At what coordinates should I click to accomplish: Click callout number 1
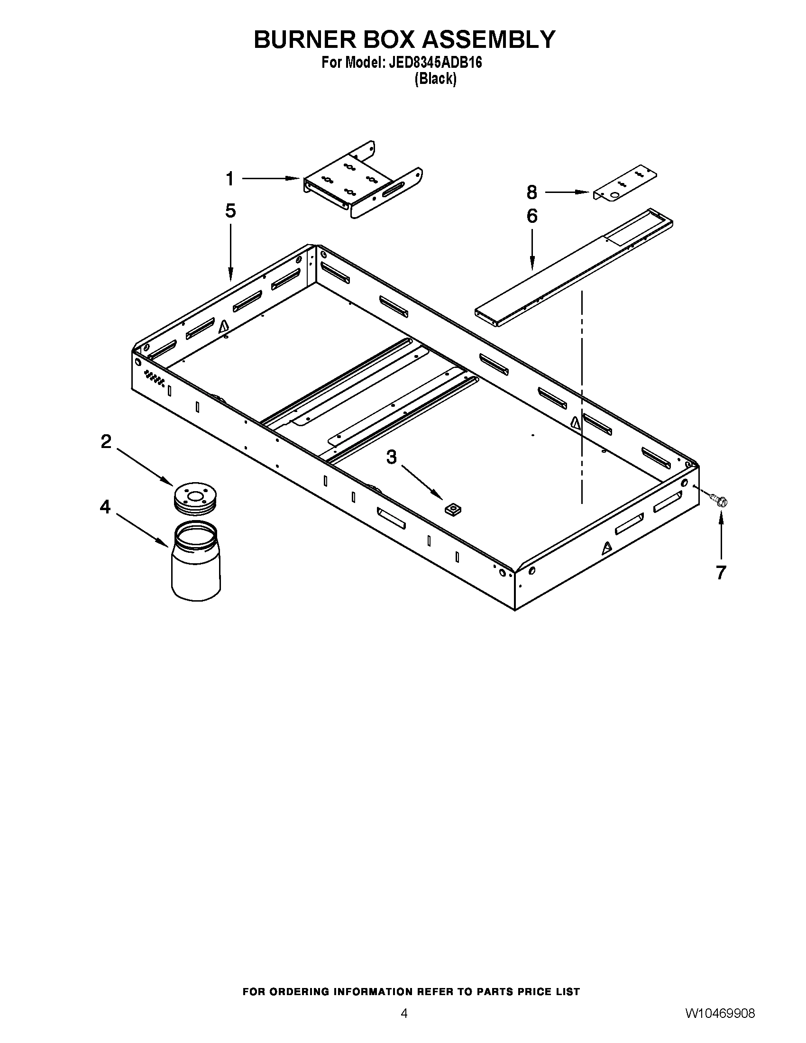(229, 179)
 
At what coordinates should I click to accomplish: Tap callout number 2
(106, 441)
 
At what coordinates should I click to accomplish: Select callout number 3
(391, 457)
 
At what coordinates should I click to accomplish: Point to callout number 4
(105, 507)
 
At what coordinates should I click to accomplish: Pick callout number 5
(230, 210)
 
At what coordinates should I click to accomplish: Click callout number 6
(532, 216)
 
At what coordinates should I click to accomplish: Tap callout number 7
(721, 572)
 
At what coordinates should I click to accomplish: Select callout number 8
(532, 192)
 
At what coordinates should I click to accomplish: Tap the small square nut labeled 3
(452, 510)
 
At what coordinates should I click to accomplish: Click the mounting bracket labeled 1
(361, 181)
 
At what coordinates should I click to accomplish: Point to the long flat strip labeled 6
(573, 267)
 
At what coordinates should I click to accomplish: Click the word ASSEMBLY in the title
(489, 39)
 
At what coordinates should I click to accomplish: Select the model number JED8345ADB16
(435, 63)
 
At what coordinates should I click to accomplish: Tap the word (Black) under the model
(435, 79)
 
